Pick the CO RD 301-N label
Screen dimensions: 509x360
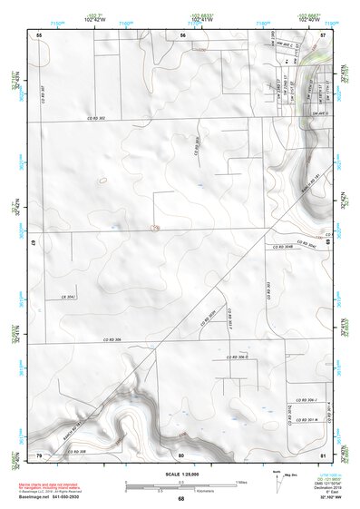coord(304,420)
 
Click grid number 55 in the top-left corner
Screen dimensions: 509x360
coord(39,34)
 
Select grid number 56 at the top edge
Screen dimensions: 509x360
coord(182,34)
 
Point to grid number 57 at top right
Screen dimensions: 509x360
coord(324,34)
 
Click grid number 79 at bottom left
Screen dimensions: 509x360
coord(39,454)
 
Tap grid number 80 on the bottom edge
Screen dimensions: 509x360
coord(181,454)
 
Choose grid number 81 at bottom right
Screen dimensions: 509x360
coord(324,454)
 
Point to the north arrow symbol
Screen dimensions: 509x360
coord(275,484)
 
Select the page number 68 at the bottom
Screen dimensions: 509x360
coord(181,499)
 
